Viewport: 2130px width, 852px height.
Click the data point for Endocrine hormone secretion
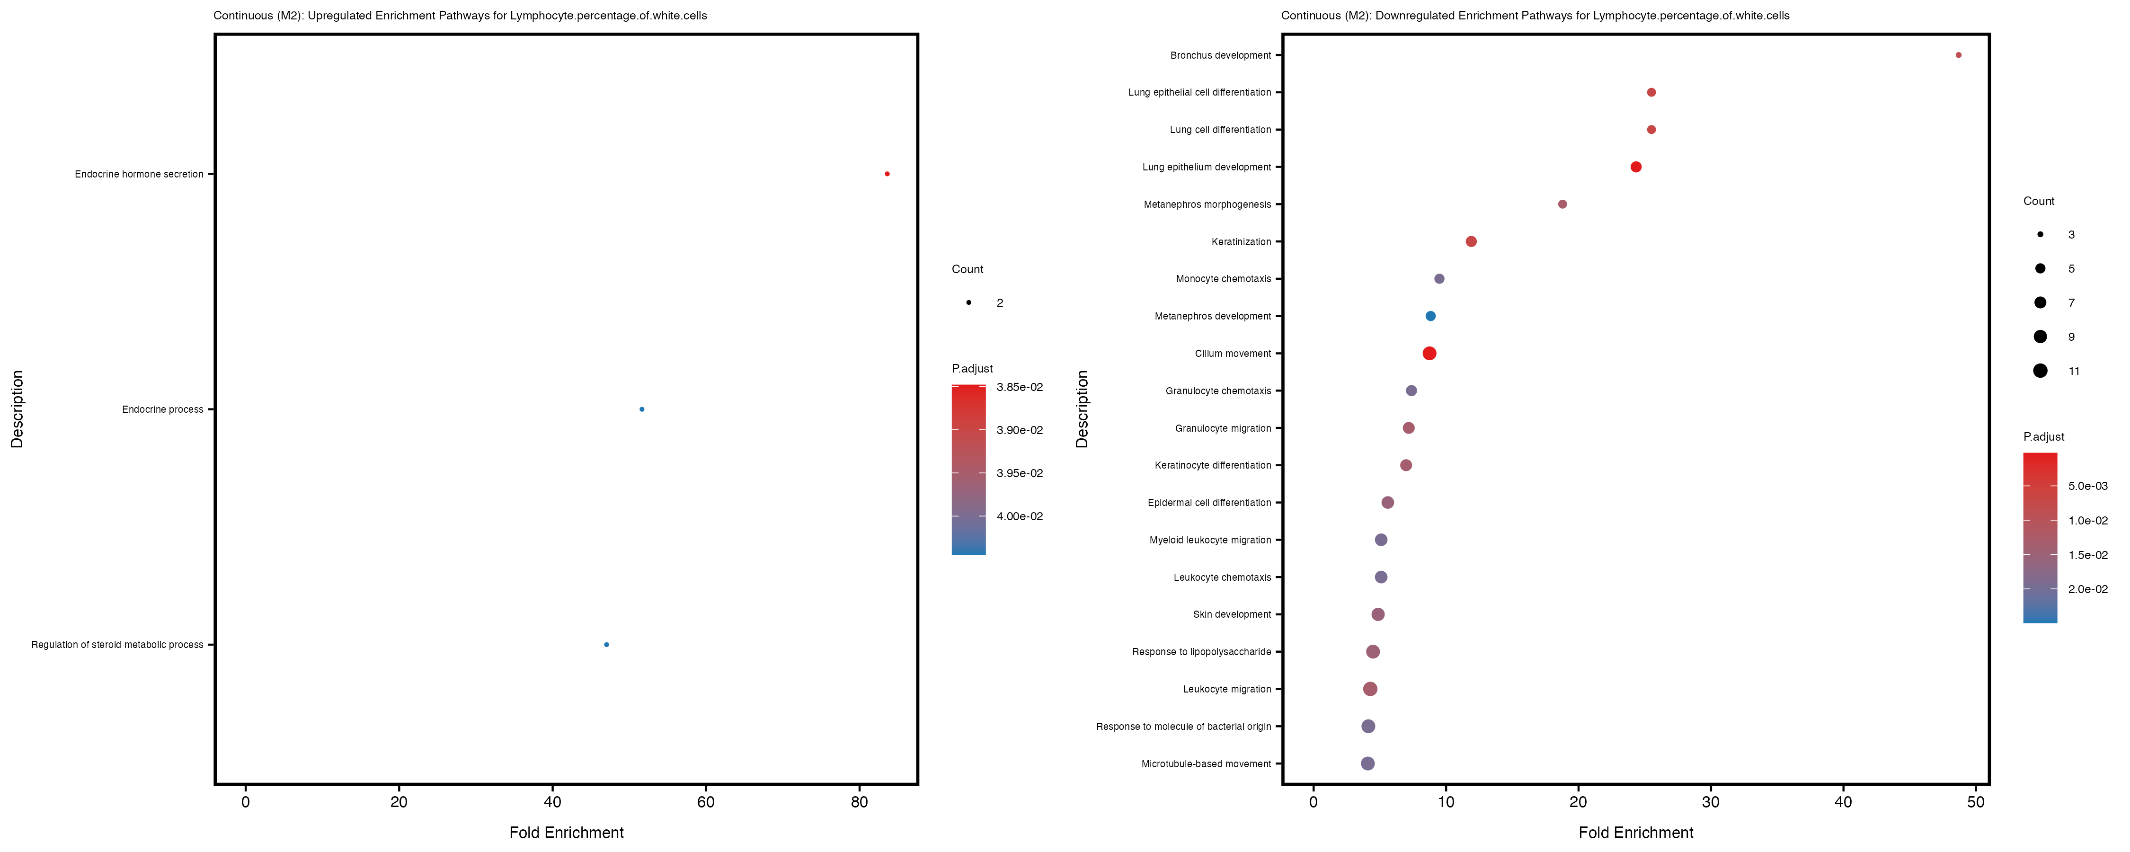click(887, 174)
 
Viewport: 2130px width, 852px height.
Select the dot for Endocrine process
click(642, 409)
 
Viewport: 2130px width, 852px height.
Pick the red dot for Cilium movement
click(1429, 353)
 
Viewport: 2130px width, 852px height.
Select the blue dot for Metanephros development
click(1430, 316)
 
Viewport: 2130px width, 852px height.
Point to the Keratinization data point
click(1471, 241)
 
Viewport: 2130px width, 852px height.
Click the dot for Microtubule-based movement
click(1367, 763)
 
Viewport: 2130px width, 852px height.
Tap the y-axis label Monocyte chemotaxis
click(1223, 279)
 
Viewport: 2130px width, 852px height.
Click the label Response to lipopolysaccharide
click(1201, 652)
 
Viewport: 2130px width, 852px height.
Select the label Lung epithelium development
click(1207, 167)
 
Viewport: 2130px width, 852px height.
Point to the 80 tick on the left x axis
click(859, 801)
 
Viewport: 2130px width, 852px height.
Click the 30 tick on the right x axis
click(1711, 801)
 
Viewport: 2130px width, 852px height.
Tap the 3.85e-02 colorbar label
click(1020, 387)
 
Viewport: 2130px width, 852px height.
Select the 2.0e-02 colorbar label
click(2088, 589)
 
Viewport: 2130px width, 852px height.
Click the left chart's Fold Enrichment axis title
click(567, 832)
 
